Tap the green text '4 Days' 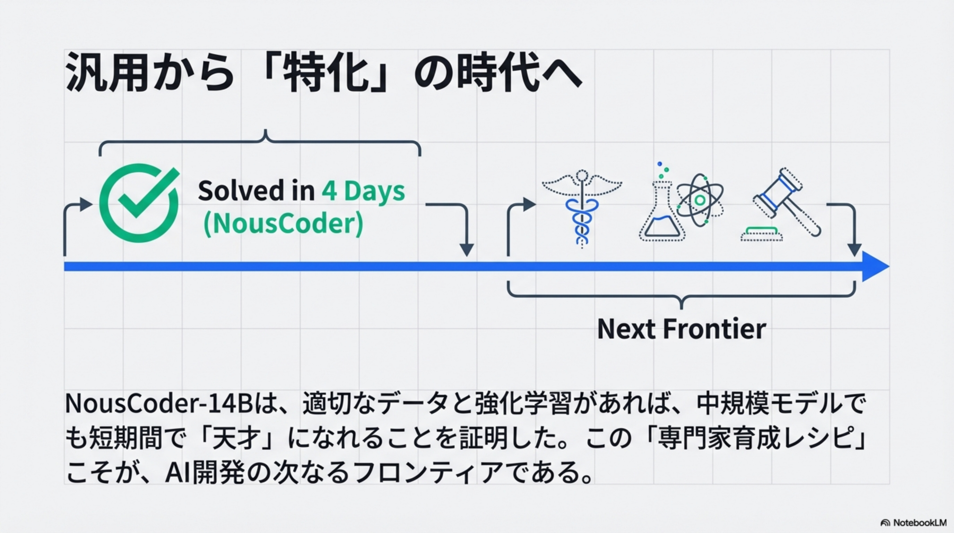click(363, 191)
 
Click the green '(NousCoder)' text click(283, 224)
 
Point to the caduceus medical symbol click(582, 208)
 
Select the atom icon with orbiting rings click(700, 200)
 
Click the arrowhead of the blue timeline click(874, 266)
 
